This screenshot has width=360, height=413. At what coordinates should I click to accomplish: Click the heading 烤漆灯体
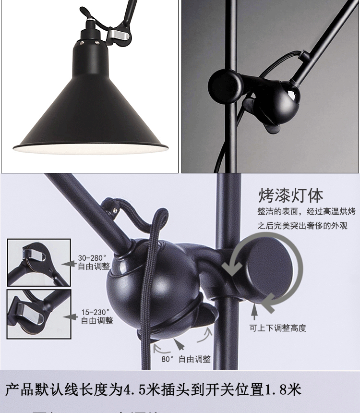tap(291, 195)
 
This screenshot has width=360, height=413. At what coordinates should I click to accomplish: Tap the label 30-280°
tap(92, 258)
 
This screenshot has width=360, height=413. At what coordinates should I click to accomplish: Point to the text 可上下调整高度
tap(277, 328)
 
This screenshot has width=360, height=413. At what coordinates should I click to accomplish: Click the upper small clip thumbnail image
tap(39, 262)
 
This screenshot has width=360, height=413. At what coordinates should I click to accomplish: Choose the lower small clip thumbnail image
tap(39, 313)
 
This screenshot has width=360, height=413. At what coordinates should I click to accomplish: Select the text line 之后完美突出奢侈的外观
tap(302, 225)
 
